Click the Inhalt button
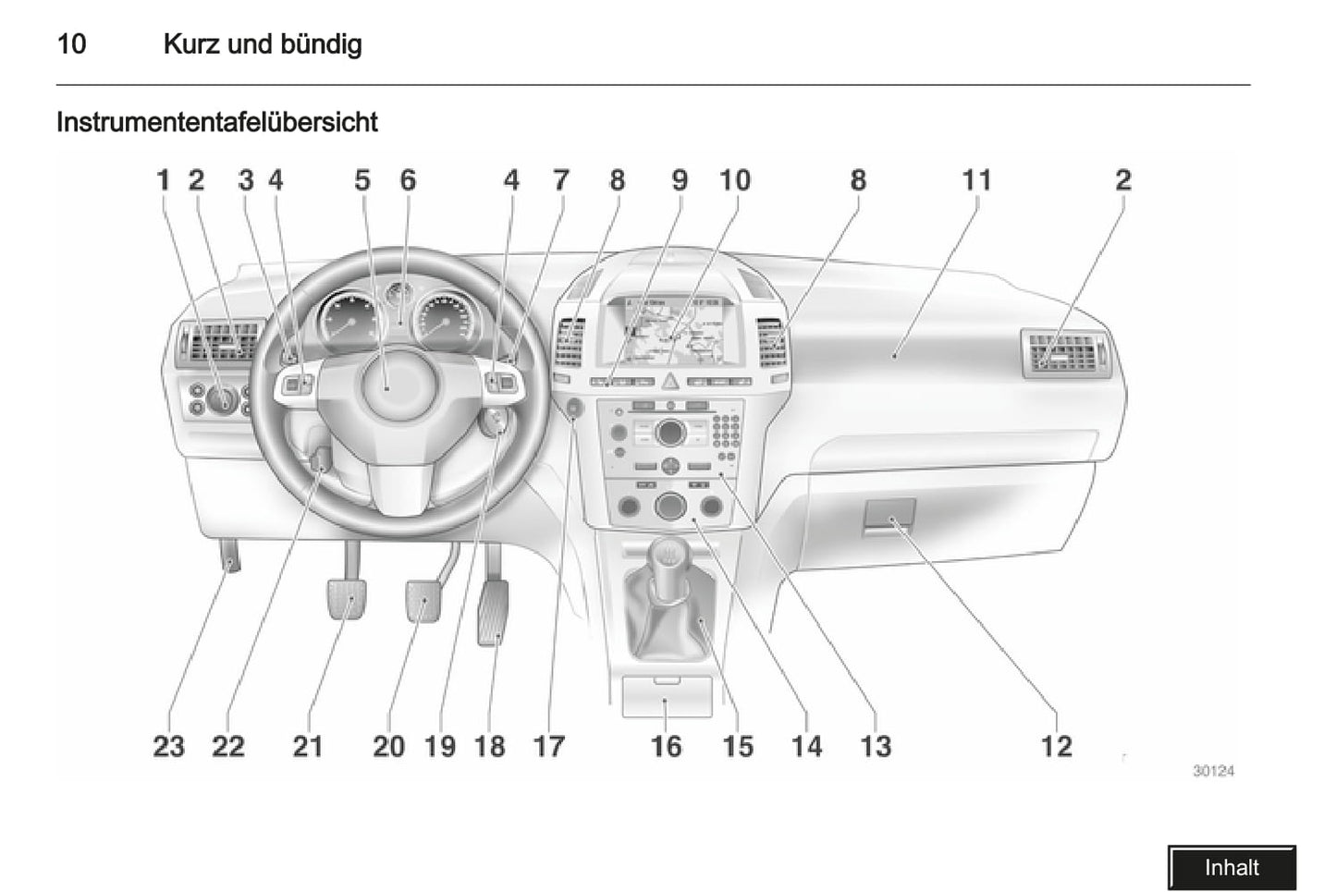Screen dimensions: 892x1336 1231,867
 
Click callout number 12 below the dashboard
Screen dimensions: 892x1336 1056,746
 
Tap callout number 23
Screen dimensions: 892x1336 168,746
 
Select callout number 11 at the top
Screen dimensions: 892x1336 976,179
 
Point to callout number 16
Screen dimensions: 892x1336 666,746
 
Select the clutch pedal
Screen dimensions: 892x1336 346,599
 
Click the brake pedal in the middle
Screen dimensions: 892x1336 423,599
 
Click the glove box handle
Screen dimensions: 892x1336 890,518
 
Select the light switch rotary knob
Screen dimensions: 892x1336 221,398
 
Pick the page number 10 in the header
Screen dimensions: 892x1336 71,43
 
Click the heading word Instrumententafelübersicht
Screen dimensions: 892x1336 216,122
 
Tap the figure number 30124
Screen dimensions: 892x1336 1212,771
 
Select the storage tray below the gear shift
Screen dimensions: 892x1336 666,697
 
